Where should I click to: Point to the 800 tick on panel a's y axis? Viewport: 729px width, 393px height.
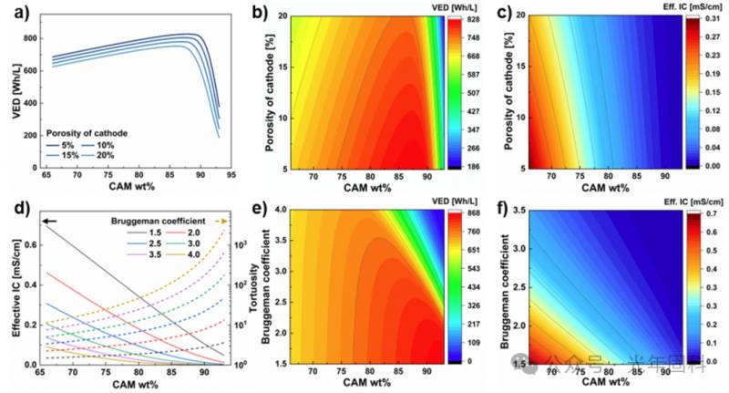(35, 39)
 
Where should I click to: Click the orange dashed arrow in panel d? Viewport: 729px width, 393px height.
(222, 222)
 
